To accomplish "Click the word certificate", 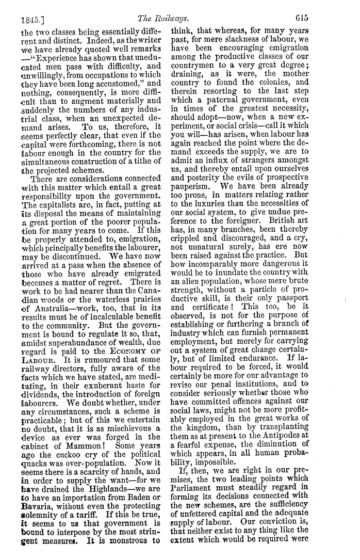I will coord(216,307).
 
